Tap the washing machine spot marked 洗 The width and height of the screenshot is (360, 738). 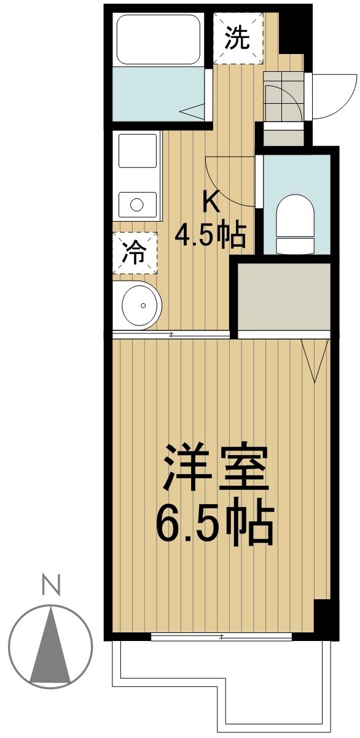(238, 38)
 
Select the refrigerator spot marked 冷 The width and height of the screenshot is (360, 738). (135, 254)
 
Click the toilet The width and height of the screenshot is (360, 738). (295, 223)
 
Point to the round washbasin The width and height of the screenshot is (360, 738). (142, 305)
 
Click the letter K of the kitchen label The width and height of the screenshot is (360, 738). (211, 204)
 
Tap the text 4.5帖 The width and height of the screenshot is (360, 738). (210, 236)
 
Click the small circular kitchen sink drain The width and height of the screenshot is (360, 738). (136, 204)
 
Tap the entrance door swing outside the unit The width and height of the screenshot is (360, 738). (335, 96)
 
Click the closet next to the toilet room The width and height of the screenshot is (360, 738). (284, 296)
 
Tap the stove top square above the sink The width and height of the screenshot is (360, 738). (137, 150)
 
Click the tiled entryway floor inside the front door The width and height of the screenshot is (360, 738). (284, 96)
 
